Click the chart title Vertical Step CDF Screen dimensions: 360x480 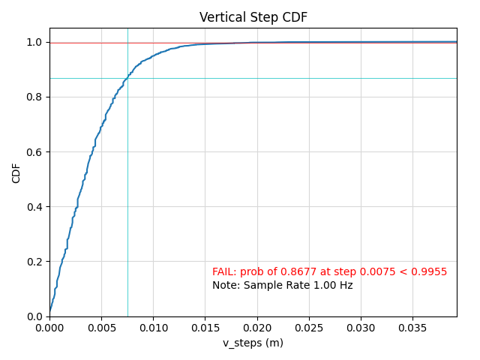(253, 17)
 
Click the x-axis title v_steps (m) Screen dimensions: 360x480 (253, 343)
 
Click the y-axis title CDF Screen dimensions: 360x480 (16, 172)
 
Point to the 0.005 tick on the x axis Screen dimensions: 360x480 (101, 328)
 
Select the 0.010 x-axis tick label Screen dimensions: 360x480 (153, 328)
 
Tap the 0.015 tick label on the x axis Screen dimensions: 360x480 (205, 328)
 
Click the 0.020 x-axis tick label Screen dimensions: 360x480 (257, 328)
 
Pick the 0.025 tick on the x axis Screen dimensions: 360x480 (309, 328)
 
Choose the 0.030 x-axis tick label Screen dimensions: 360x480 (361, 328)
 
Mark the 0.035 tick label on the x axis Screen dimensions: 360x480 (412, 328)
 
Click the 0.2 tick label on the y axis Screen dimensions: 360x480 (34, 262)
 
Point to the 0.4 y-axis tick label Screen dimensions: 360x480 (34, 207)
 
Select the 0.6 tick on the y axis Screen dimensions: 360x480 (34, 152)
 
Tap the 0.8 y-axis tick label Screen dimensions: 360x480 (34, 97)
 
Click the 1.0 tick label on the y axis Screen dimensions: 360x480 (34, 43)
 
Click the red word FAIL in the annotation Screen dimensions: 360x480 (223, 271)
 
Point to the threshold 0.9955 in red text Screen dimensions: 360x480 (430, 271)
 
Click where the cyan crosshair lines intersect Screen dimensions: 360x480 (127, 78)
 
